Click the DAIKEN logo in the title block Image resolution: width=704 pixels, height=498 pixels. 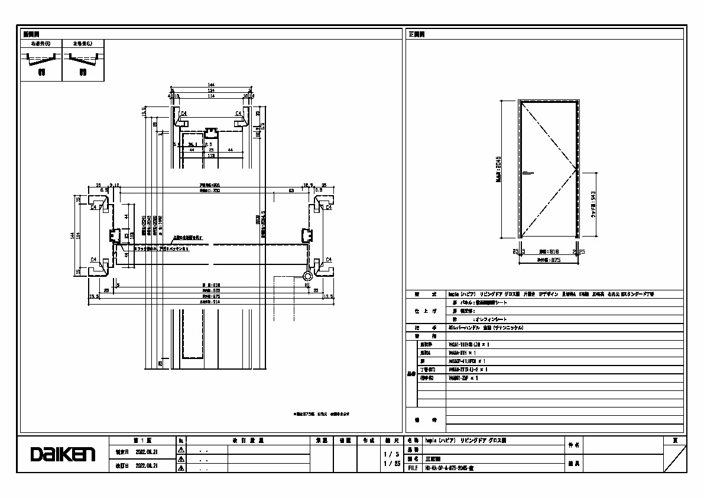pyautogui.click(x=63, y=454)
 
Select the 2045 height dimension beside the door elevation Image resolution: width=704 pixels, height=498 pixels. pyautogui.click(x=499, y=169)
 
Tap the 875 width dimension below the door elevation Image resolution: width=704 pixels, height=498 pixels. pyautogui.click(x=548, y=260)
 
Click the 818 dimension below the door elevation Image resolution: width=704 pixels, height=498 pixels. pyautogui.click(x=548, y=251)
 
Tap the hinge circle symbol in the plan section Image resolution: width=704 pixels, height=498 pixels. pyautogui.click(x=308, y=276)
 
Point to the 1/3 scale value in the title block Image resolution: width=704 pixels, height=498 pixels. pyautogui.click(x=388, y=454)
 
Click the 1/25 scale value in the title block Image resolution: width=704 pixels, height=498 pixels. pyautogui.click(x=388, y=464)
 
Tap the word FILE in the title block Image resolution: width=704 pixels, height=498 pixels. pyautogui.click(x=413, y=467)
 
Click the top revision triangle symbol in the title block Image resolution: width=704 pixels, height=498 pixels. pyautogui.click(x=181, y=450)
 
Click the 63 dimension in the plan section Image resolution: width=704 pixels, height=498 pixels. pyautogui.click(x=291, y=191)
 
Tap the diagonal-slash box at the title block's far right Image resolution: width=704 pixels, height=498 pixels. pyautogui.click(x=674, y=458)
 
